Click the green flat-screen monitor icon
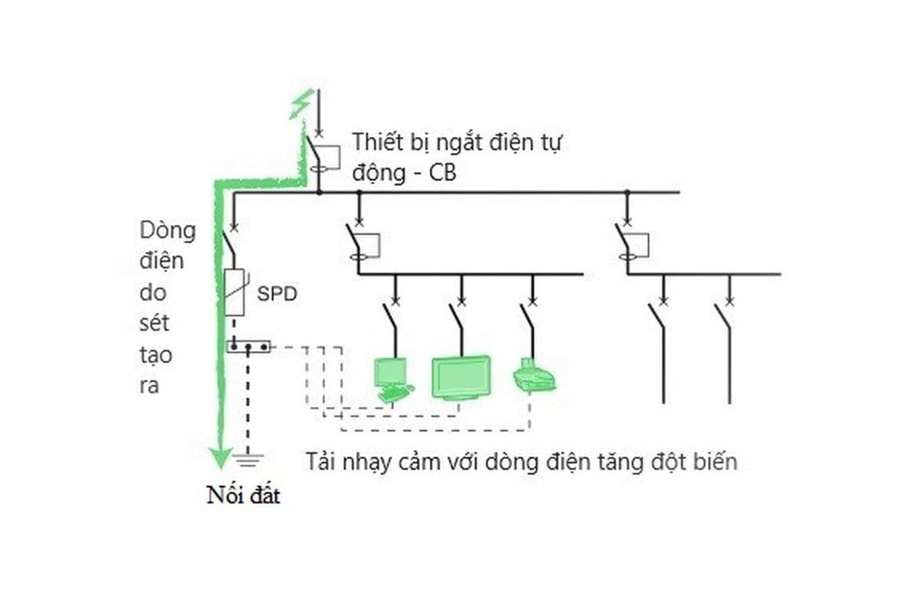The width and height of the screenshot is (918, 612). coord(461,376)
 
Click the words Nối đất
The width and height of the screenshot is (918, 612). coord(243,496)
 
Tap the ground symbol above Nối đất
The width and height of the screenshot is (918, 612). coord(247,460)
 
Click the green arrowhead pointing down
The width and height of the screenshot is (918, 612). coord(220,457)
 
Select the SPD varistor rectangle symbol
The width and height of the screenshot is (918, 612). coord(233,292)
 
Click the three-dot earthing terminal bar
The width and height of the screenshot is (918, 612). coord(248,347)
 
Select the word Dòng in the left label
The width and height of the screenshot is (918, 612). coord(168,229)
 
